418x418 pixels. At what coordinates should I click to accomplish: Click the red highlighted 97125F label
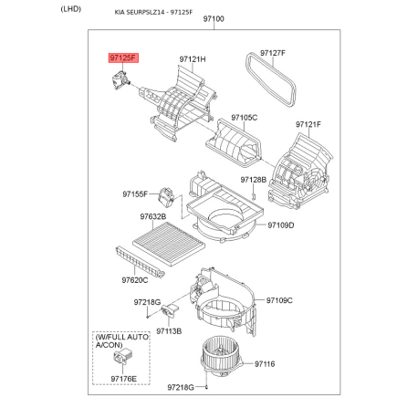click(123, 57)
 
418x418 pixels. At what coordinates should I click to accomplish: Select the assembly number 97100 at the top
click(214, 19)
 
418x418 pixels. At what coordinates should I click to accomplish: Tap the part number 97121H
click(193, 59)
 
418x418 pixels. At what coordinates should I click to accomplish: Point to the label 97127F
click(273, 53)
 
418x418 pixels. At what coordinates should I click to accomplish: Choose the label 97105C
click(244, 118)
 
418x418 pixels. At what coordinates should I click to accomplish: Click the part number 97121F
click(308, 124)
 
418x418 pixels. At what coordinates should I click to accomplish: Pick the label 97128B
click(254, 180)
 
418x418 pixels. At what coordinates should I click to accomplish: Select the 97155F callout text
click(135, 194)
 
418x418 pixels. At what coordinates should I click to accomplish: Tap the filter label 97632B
click(153, 216)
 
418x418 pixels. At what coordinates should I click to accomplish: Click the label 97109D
click(281, 225)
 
